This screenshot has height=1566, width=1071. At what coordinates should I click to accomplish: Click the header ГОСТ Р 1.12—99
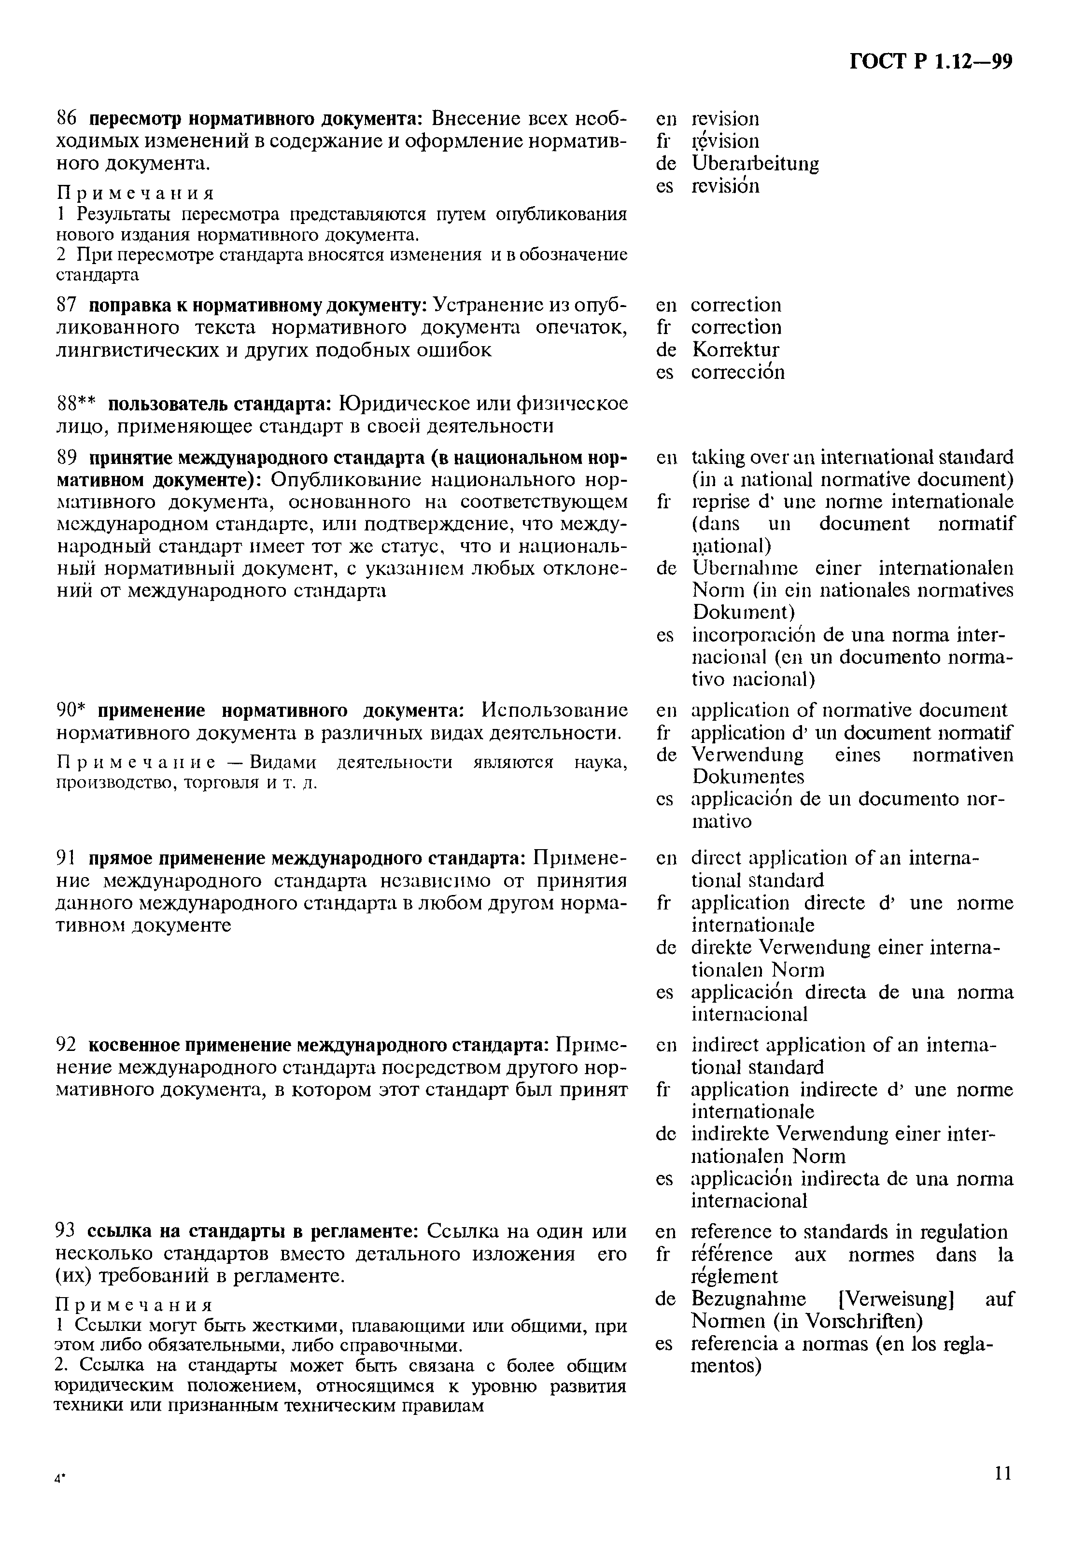(x=930, y=62)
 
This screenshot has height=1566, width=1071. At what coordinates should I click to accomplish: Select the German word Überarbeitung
(x=755, y=164)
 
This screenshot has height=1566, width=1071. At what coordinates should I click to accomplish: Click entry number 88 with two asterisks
(x=76, y=404)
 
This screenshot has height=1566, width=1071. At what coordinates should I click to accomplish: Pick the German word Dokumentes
(x=748, y=777)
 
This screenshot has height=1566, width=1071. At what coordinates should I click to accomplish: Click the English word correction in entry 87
(x=736, y=305)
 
